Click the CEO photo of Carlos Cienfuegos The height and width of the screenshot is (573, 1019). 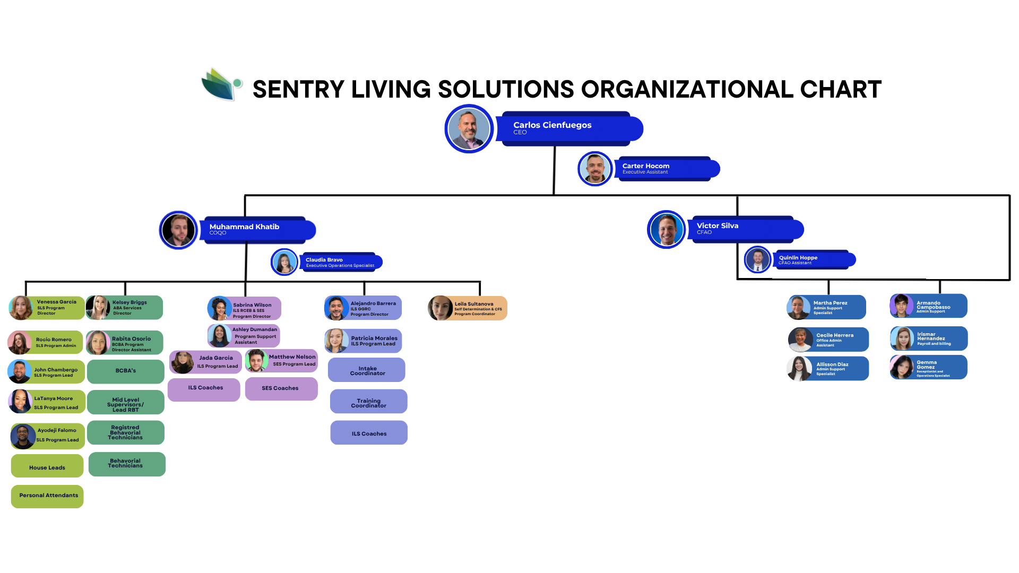point(469,128)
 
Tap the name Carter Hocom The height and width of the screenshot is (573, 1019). point(645,166)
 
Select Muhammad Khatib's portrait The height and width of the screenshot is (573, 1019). point(178,230)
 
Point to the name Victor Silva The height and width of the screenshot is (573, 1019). point(717,225)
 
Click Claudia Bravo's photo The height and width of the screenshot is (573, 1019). point(284,262)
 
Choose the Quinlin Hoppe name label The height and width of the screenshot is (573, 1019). point(798,257)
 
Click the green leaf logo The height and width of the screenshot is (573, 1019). point(221,84)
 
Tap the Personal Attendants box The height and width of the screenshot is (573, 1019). point(48,495)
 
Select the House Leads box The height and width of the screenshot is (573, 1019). point(47,467)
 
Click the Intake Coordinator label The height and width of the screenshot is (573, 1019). point(367,371)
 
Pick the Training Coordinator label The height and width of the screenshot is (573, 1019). point(368,403)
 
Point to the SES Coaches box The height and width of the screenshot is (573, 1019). point(280,388)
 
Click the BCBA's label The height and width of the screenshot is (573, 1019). point(126,370)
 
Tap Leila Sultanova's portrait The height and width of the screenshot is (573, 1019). point(440,308)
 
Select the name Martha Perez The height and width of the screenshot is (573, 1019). point(830,303)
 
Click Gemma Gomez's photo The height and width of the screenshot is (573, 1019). point(901,367)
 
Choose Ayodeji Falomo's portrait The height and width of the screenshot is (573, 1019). point(23,436)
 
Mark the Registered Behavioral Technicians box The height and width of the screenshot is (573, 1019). point(125,432)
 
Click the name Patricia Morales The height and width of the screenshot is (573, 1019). point(374,338)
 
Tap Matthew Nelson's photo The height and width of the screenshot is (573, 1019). point(256,361)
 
